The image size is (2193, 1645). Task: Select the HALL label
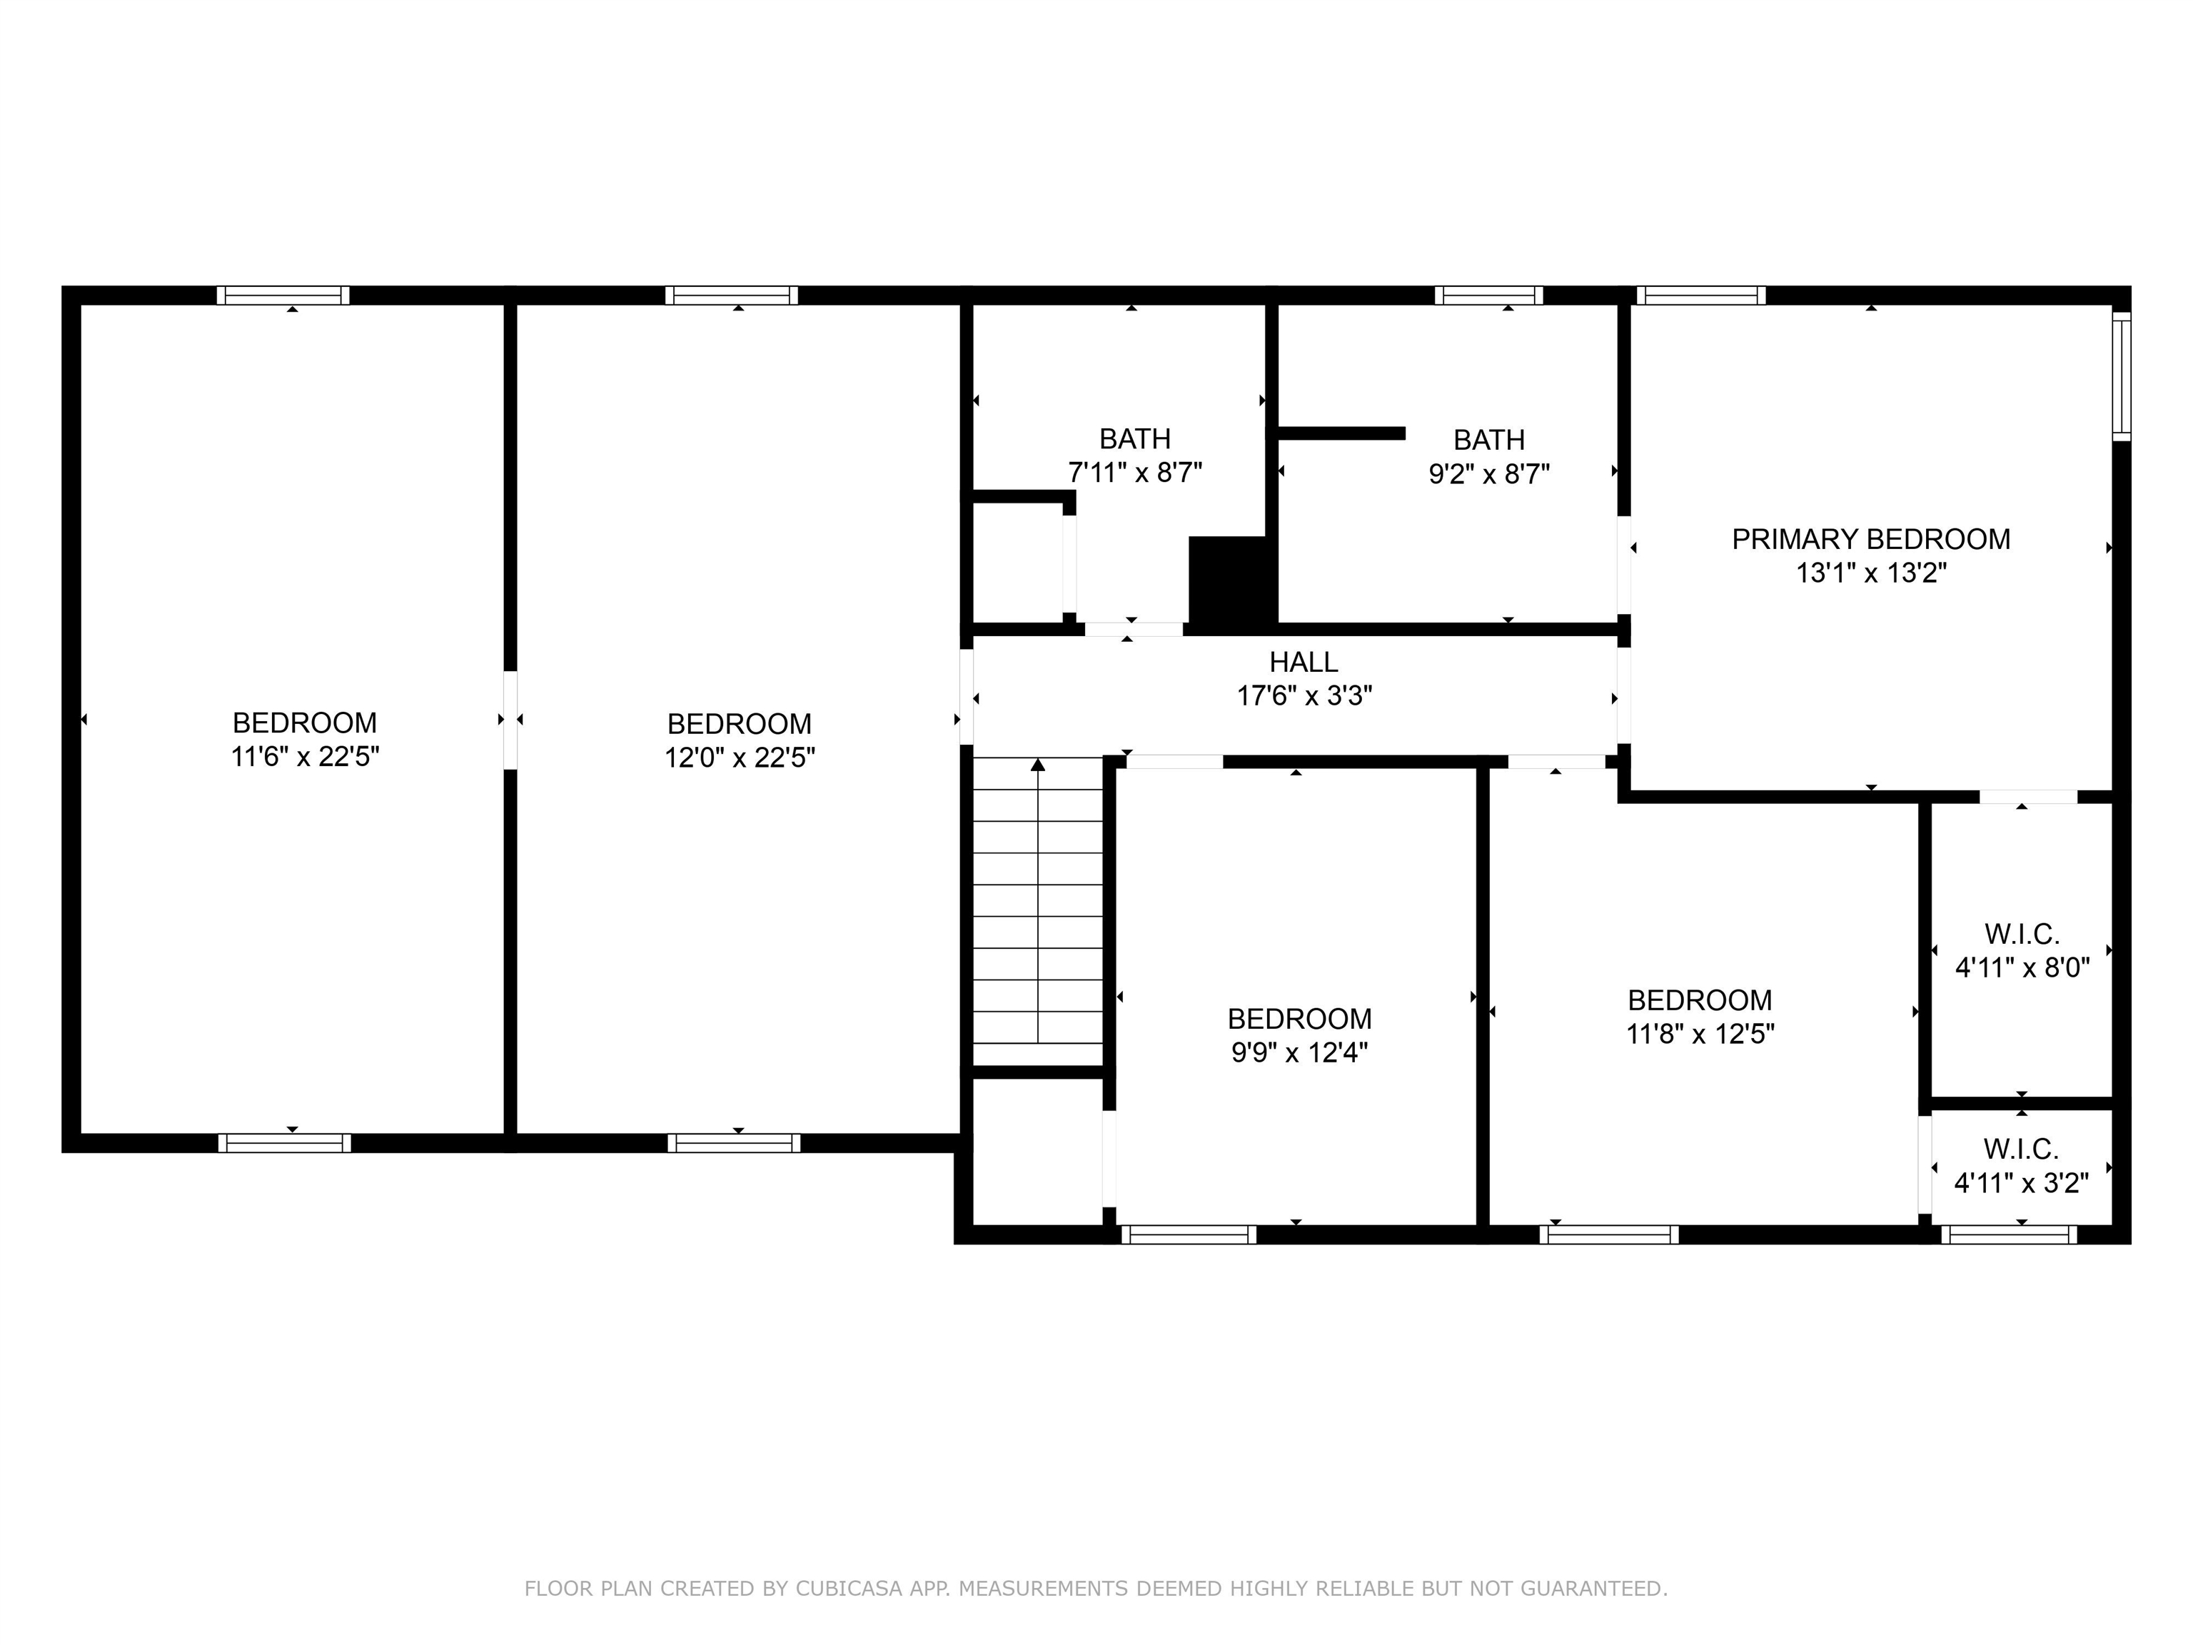(x=1303, y=661)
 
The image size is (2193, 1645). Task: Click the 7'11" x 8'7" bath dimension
(x=1134, y=472)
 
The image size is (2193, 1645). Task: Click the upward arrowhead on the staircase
(x=1038, y=765)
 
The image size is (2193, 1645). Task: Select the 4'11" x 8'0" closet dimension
(x=2022, y=967)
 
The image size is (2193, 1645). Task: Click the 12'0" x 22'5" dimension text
(x=740, y=758)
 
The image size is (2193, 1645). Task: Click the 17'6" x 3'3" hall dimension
(x=1303, y=695)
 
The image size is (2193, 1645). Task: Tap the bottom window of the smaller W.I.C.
(x=2009, y=1234)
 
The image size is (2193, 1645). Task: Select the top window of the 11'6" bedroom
(x=283, y=296)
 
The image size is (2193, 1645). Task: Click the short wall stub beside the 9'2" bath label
(x=1341, y=433)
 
